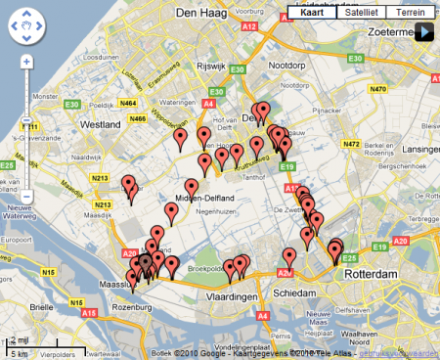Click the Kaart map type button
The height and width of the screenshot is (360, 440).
[312, 13]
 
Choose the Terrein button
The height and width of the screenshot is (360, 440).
[411, 13]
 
